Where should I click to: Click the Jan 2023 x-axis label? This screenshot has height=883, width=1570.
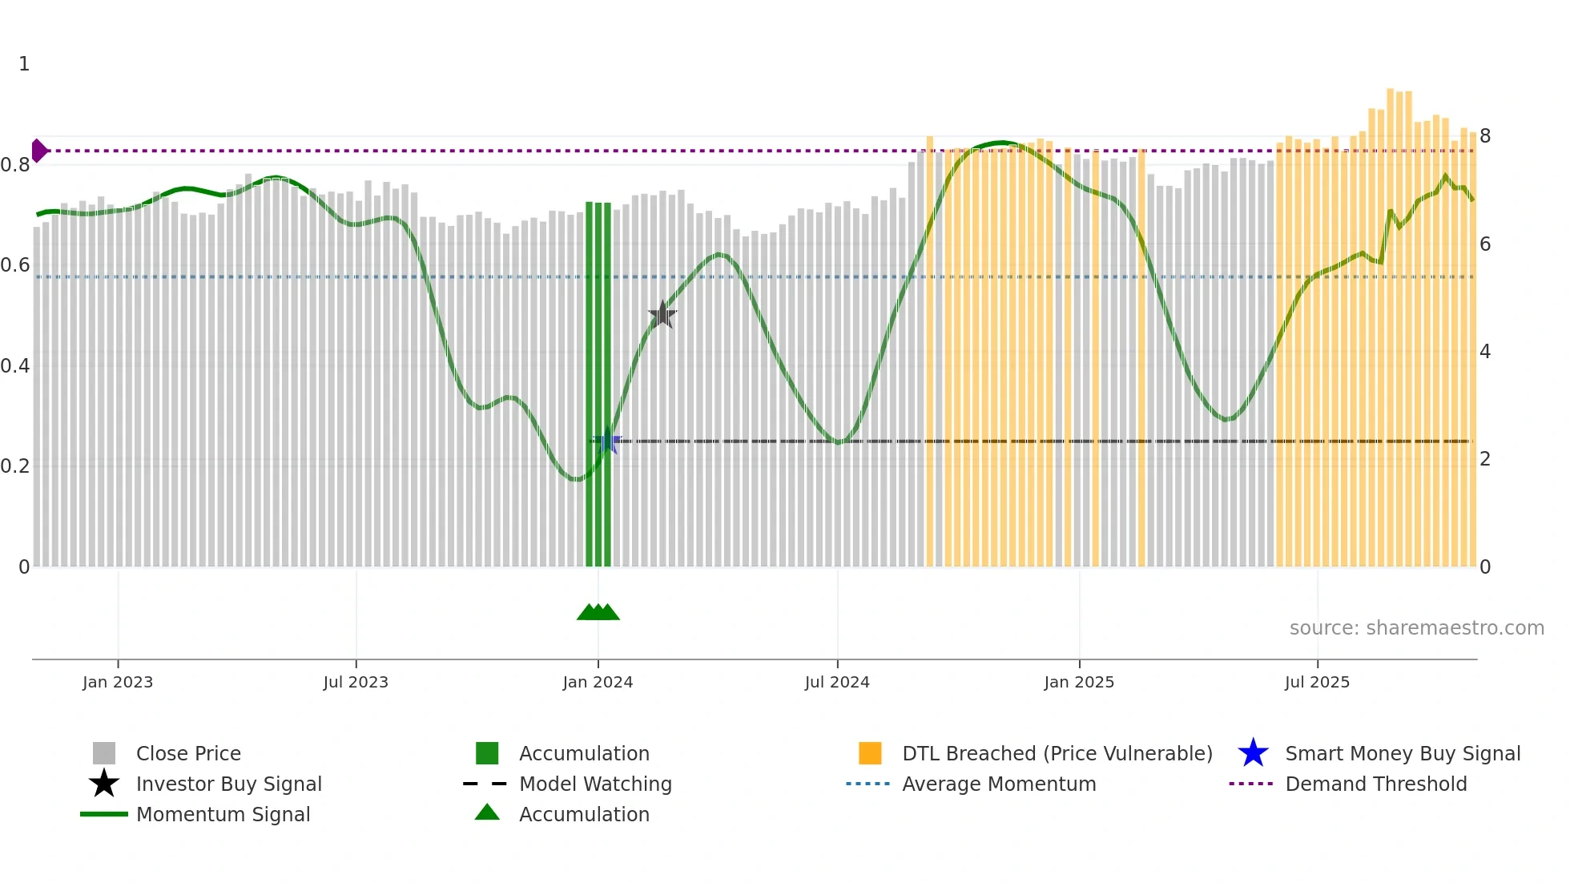coord(118,682)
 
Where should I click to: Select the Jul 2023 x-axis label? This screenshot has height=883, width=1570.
coord(356,682)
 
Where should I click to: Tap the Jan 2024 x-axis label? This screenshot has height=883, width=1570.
coord(598,682)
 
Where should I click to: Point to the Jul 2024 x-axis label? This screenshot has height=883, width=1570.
coord(837,682)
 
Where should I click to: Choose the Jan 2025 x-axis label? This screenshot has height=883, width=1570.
coord(1079,682)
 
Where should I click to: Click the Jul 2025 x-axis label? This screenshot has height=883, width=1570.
coord(1317,682)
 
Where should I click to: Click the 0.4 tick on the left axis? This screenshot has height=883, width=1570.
coord(15,366)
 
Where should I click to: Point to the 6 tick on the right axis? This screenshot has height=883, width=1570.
coord(1485,244)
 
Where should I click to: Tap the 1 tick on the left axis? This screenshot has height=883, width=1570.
coord(24,64)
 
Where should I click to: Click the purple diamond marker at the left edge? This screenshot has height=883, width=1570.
coord(38,151)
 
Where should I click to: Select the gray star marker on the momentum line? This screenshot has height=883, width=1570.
coord(662,315)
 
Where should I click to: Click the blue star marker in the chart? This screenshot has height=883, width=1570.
coord(608,441)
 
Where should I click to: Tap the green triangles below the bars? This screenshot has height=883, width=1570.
coord(598,612)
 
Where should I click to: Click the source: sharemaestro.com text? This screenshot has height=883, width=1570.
coord(1416,628)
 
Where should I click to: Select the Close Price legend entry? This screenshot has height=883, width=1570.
coord(188,753)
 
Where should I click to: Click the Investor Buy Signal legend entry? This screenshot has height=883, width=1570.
coord(228,784)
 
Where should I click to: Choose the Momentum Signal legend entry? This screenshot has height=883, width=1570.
coord(223,814)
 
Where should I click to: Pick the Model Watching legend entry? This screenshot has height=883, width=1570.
coord(595,784)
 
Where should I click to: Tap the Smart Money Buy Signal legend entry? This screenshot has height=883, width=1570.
coord(1402,753)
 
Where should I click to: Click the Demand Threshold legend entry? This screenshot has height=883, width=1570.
coord(1375,784)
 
